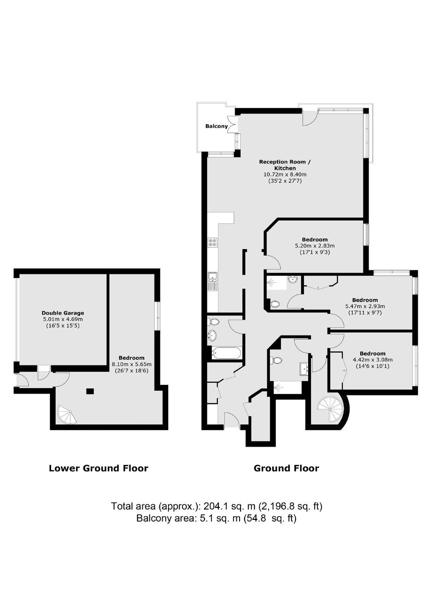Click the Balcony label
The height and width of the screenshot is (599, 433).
(216, 126)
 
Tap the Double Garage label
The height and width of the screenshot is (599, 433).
(63, 313)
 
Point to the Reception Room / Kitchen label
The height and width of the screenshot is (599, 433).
(285, 165)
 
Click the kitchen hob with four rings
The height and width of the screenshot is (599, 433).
(213, 242)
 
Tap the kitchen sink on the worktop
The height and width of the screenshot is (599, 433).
(213, 282)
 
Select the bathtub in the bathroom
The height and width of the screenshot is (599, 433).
(226, 353)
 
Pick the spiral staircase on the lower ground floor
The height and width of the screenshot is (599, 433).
(67, 414)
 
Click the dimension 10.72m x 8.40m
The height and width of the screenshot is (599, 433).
(285, 174)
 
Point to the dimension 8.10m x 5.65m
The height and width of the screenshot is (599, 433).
(131, 364)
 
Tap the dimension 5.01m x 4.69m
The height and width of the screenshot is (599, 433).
(63, 319)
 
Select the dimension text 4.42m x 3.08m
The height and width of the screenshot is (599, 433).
(373, 360)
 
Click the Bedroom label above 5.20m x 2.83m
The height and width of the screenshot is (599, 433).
(315, 239)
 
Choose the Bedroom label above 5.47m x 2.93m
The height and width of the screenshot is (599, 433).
(365, 300)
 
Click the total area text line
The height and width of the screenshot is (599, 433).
(216, 506)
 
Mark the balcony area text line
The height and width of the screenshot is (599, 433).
(216, 518)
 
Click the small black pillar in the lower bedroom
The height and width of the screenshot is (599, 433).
(90, 391)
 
